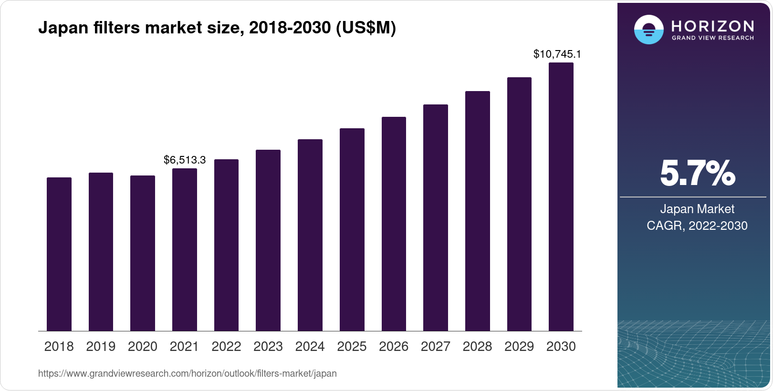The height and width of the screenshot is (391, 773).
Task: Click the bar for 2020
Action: pos(143,253)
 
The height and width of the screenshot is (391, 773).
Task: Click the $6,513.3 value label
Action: pos(185,160)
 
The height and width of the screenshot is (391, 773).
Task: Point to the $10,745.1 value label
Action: pos(557,54)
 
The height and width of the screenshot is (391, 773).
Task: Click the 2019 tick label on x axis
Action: pos(101,347)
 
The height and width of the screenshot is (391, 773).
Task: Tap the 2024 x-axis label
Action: pos(310,347)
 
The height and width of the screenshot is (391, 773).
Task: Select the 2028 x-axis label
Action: pos(477,347)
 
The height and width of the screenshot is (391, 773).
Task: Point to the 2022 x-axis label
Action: pos(226,347)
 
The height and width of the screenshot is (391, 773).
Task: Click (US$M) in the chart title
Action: pos(366,28)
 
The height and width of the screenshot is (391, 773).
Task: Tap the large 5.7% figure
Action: pos(697,174)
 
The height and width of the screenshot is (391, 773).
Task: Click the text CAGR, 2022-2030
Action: pos(697,226)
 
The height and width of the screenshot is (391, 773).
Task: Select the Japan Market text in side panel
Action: pos(697,209)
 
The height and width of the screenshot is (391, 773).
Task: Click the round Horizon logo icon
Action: pos(648,30)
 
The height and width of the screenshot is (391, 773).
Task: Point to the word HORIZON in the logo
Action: pos(712,26)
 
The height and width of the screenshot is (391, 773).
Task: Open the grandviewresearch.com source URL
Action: pos(187,373)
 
